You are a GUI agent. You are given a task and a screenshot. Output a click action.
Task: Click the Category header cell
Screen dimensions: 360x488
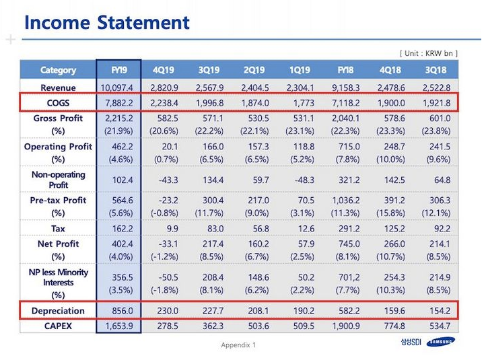58,70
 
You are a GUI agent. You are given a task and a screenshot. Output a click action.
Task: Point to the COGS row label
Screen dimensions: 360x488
58,102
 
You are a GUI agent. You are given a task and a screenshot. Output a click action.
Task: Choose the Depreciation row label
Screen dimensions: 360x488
58,311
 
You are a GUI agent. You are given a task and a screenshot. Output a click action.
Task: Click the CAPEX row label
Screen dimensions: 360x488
58,326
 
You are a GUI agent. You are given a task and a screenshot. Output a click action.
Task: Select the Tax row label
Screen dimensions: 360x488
58,229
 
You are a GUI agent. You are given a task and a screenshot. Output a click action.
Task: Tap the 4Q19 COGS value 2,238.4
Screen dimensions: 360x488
165,102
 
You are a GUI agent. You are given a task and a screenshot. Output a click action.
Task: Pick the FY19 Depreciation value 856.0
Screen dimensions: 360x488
120,311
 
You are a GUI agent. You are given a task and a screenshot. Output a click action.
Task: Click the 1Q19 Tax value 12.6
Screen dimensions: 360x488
300,229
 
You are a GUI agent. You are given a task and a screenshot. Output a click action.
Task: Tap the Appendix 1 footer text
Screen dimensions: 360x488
238,345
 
